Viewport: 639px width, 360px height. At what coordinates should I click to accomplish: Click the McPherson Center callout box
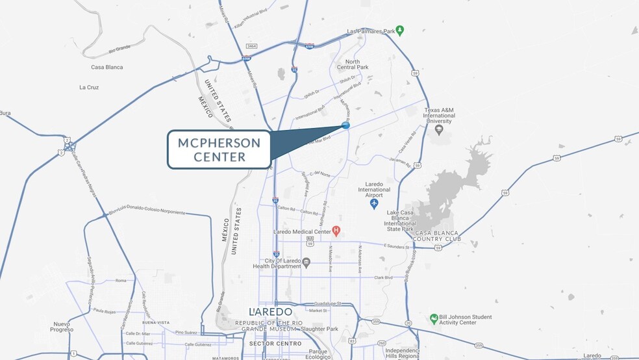click(x=218, y=149)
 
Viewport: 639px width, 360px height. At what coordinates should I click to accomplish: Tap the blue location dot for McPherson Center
click(x=345, y=125)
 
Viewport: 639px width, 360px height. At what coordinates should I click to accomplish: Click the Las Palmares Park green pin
click(x=400, y=30)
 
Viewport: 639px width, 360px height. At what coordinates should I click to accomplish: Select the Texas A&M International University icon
click(x=438, y=130)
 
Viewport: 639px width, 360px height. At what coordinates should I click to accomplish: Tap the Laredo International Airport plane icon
click(x=373, y=204)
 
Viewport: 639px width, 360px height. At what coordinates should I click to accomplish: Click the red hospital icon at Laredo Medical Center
click(x=336, y=231)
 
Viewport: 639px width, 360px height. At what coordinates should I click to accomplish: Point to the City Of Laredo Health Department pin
click(x=307, y=263)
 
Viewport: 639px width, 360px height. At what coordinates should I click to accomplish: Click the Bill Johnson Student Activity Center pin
click(x=434, y=318)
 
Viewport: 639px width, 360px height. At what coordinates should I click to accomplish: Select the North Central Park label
click(x=353, y=64)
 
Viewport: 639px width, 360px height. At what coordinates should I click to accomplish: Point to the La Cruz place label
click(x=88, y=87)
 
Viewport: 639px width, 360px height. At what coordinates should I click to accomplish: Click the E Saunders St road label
click(x=398, y=247)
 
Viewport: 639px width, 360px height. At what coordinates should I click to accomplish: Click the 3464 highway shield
click(x=252, y=46)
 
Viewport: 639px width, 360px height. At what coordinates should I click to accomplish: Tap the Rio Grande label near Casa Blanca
click(x=120, y=49)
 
